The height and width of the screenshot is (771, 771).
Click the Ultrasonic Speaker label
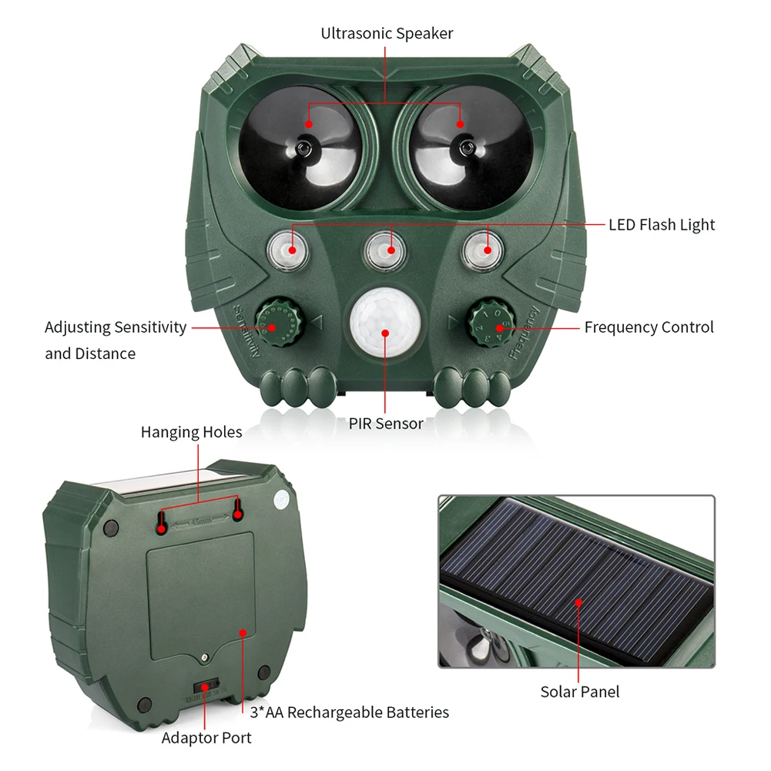click(x=387, y=33)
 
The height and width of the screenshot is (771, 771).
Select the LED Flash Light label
click(x=662, y=225)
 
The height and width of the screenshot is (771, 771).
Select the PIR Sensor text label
click(x=386, y=423)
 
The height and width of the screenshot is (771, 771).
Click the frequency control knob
click(x=493, y=325)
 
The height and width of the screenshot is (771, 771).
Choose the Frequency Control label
click(x=649, y=327)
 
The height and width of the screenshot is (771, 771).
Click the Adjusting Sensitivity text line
click(x=116, y=327)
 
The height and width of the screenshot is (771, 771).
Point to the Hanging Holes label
click(x=191, y=432)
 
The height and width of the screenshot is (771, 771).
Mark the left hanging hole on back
click(x=161, y=525)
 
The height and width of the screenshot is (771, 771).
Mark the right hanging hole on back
click(x=238, y=511)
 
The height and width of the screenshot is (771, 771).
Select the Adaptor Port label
click(x=206, y=738)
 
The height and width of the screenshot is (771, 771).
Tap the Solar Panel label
click(x=579, y=692)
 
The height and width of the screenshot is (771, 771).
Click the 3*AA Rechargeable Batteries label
click(x=349, y=712)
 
